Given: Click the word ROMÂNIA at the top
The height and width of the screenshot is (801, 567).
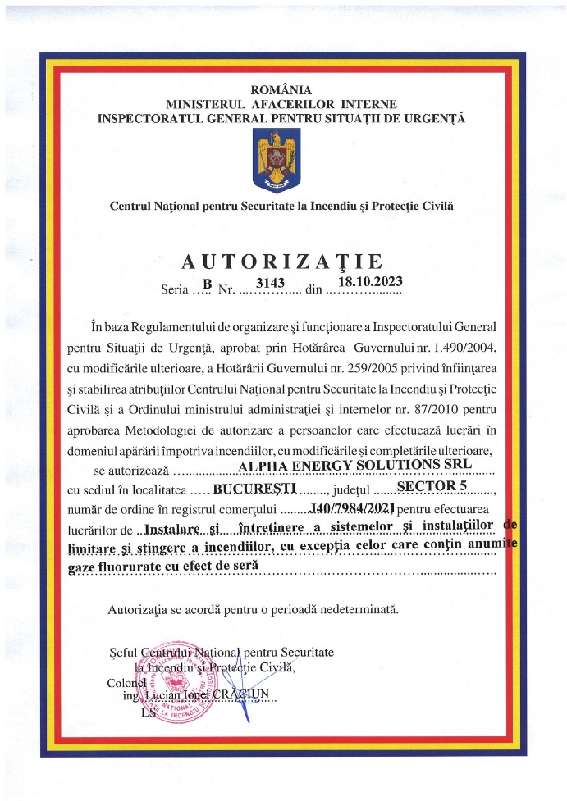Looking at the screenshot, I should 281,90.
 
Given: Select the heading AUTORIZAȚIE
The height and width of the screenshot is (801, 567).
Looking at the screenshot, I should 282,262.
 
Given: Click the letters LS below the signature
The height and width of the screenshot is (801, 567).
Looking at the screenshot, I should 148,713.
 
